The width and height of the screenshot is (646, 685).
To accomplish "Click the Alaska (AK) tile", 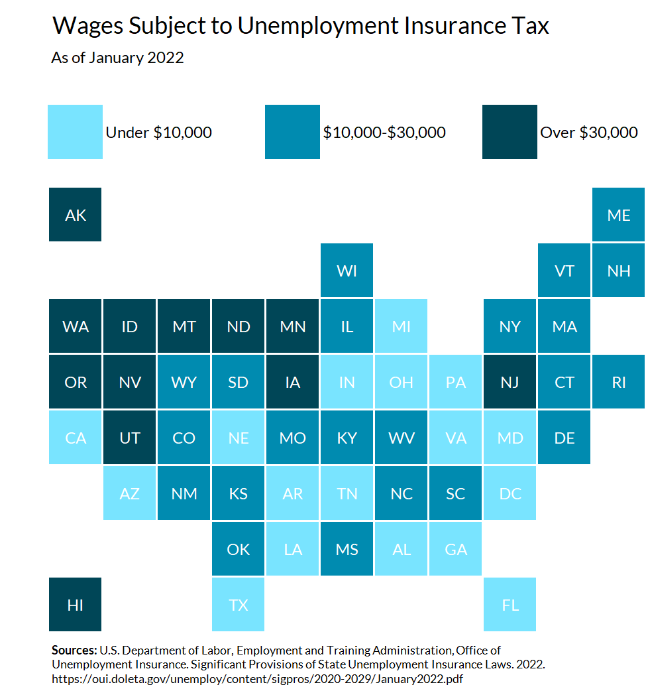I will [x=76, y=215].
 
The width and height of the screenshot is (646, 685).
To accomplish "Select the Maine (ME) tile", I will [x=618, y=215].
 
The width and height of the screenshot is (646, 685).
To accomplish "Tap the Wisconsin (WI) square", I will [x=347, y=271].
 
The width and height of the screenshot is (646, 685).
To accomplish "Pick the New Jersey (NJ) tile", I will [x=510, y=382].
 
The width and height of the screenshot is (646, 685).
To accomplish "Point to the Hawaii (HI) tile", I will [x=76, y=605].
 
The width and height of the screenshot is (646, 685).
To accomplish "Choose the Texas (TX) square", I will [x=239, y=605].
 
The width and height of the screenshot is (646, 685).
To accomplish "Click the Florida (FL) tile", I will [x=510, y=605].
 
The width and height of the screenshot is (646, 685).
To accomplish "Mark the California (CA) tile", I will [x=76, y=438].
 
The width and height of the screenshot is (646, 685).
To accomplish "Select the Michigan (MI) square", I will [x=401, y=326].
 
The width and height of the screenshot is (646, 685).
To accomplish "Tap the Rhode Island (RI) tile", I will [x=618, y=382].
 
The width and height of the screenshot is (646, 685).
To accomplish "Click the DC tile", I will [x=510, y=493].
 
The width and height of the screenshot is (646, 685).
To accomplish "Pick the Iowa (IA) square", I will [x=292, y=382].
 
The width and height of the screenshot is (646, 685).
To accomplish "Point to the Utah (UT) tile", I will [x=130, y=438].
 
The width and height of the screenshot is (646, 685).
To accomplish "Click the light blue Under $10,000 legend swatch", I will [x=75, y=132].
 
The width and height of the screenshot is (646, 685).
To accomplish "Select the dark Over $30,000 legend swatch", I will [x=510, y=132].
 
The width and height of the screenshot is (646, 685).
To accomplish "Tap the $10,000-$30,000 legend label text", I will [x=384, y=133].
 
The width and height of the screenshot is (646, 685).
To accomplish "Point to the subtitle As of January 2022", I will [x=117, y=58].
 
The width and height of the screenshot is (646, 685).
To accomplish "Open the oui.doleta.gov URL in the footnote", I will [x=257, y=678].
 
